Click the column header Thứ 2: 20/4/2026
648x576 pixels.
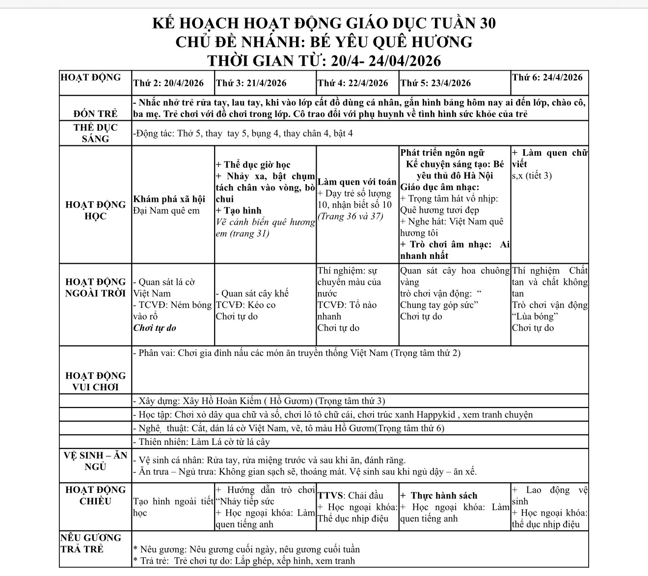(x=168, y=83)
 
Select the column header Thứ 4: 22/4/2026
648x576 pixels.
(x=352, y=83)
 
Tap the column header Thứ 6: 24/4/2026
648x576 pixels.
(x=547, y=77)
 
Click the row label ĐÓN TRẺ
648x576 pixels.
(x=95, y=114)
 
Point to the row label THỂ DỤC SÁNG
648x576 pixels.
(x=95, y=133)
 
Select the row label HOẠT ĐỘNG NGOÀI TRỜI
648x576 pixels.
(x=95, y=288)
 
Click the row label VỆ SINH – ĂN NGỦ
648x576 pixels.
(x=95, y=461)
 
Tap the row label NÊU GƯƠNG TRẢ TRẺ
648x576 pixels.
(x=90, y=543)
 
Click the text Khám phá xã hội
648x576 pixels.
(x=169, y=199)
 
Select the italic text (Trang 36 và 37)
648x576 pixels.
(x=350, y=216)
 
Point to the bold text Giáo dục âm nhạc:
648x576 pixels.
(x=440, y=187)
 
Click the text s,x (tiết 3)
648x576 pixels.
(x=532, y=175)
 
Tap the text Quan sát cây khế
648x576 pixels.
(x=252, y=294)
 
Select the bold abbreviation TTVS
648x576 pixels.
(x=330, y=495)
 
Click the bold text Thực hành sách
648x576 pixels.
(x=444, y=495)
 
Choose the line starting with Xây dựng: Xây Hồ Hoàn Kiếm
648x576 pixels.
(x=259, y=401)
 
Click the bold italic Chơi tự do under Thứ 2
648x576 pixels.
(x=155, y=328)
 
